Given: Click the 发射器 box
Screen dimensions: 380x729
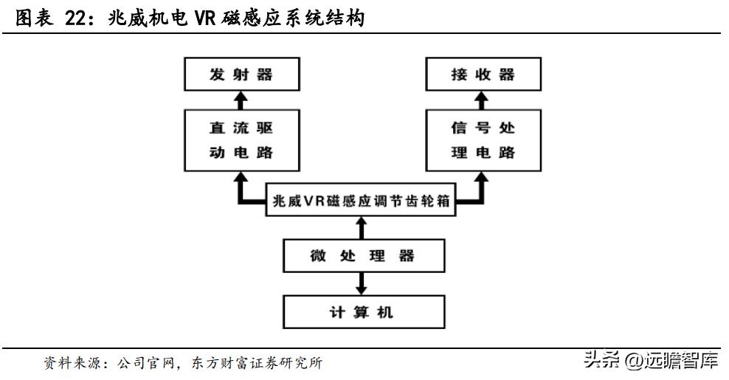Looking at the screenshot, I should point(241,75).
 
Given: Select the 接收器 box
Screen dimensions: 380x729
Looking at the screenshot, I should point(482,75).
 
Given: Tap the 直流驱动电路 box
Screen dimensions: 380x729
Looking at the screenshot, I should point(241,140).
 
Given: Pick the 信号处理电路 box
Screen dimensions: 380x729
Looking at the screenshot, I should point(482,140).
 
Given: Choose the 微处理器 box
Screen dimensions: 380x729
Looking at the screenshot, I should point(361,257).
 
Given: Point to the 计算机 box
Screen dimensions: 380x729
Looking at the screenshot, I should point(361,311).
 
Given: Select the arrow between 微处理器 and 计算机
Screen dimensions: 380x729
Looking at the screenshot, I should point(361,283).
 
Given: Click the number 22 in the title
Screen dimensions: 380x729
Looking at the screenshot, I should point(77,20).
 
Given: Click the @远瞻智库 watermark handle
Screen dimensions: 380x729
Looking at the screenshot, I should point(671,361).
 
